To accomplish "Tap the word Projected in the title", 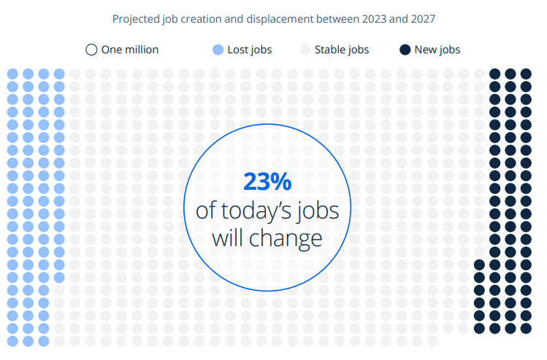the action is pyautogui.click(x=136, y=19).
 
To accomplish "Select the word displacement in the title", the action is pyautogui.click(x=280, y=19).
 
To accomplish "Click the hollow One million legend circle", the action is pyautogui.click(x=91, y=50).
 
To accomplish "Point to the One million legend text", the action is pyautogui.click(x=130, y=50).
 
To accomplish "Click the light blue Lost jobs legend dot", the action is pyautogui.click(x=218, y=50).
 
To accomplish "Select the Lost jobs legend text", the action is pyautogui.click(x=250, y=50).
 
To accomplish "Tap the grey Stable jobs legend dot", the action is pyautogui.click(x=305, y=50).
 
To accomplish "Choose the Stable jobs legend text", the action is pyautogui.click(x=342, y=50).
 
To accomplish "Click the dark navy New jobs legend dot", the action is pyautogui.click(x=405, y=50).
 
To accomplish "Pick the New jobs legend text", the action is pyautogui.click(x=437, y=50).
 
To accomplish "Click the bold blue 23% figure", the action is pyautogui.click(x=267, y=181).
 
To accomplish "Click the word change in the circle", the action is pyautogui.click(x=286, y=238).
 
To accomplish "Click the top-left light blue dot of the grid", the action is pyautogui.click(x=12, y=74).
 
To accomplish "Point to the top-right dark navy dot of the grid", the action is pyautogui.click(x=526, y=74).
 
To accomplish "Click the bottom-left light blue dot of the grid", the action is pyautogui.click(x=12, y=341).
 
